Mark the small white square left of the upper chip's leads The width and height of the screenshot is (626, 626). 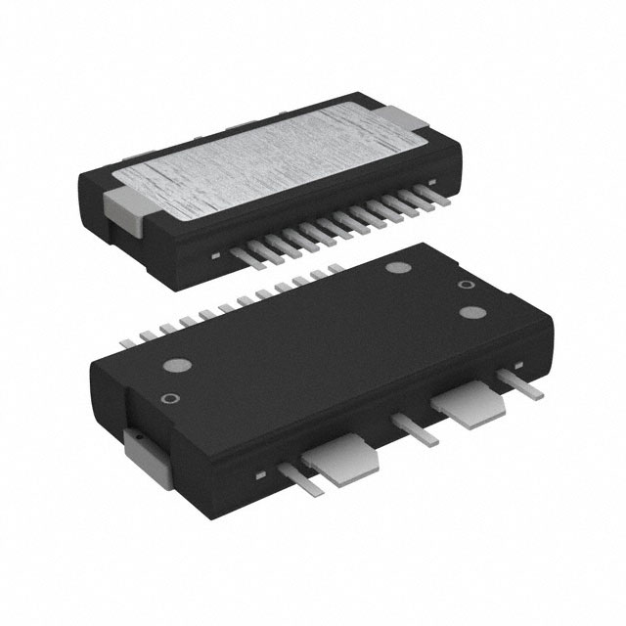pos(213,256)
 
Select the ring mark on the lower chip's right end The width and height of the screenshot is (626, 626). pos(468,286)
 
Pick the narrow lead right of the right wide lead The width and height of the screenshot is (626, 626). pos(522,383)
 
